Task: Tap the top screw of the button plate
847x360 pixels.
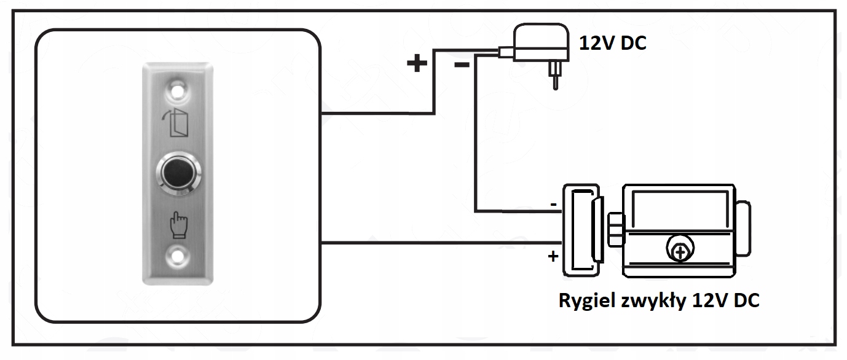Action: (178, 91)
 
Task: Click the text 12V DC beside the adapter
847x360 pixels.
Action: (613, 44)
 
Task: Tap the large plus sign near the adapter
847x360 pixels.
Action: (417, 63)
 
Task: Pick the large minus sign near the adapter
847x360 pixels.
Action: (462, 65)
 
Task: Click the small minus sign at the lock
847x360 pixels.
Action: (553, 203)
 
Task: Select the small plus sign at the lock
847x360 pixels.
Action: (553, 256)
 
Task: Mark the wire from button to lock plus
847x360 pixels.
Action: (430, 243)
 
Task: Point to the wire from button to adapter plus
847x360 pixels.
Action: (375, 114)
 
